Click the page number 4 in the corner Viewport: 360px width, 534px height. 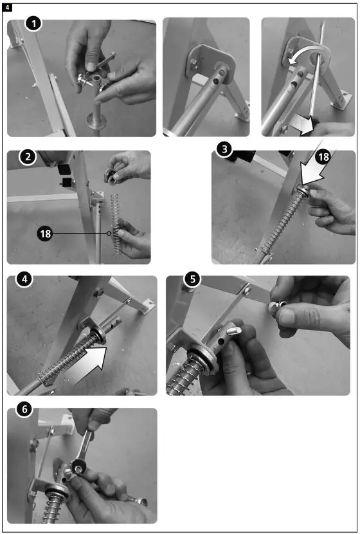7,7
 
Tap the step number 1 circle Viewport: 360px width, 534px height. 33,24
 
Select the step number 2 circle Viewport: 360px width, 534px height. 28,156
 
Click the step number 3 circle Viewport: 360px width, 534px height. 224,149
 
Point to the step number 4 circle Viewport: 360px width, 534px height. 24,279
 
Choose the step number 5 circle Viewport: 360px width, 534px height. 193,279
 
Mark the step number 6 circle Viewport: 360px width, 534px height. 24,409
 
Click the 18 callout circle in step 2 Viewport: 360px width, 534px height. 45,234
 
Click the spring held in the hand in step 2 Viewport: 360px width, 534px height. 117,223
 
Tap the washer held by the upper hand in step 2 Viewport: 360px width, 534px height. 111,176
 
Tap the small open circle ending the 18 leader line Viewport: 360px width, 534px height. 109,234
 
